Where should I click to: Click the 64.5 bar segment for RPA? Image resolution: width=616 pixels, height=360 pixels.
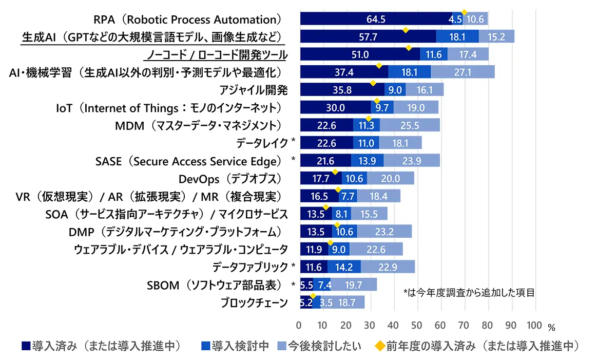pyautogui.click(x=376, y=18)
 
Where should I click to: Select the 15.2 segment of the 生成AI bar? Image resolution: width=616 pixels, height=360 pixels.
pyautogui.click(x=496, y=36)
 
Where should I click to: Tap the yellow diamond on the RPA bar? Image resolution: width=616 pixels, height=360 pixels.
pyautogui.click(x=464, y=12)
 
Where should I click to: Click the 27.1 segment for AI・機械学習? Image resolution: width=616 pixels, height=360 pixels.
pyautogui.click(x=463, y=72)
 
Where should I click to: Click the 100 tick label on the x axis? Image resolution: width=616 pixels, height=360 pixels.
pyautogui.click(x=534, y=326)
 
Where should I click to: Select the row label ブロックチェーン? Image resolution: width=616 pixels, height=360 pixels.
pyautogui.click(x=254, y=303)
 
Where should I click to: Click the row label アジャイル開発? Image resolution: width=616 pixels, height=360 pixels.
pyautogui.click(x=253, y=90)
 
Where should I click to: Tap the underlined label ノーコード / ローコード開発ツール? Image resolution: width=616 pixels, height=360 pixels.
pyautogui.click(x=217, y=55)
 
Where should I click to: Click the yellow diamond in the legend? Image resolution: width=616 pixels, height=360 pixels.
pyautogui.click(x=380, y=346)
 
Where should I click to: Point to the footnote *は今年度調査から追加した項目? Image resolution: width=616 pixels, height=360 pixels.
pyautogui.click(x=469, y=293)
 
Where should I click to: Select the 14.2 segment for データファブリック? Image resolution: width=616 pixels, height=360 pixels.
pyautogui.click(x=344, y=267)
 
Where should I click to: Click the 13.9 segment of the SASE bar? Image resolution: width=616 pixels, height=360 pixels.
pyautogui.click(x=367, y=161)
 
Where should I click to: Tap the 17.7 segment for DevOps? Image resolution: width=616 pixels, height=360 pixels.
pyautogui.click(x=321, y=178)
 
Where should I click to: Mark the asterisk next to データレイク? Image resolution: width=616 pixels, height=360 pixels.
pyautogui.click(x=293, y=141)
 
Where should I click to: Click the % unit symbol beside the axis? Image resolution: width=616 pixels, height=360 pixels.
pyautogui.click(x=551, y=327)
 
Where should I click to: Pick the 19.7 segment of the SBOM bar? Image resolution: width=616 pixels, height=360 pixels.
pyautogui.click(x=354, y=285)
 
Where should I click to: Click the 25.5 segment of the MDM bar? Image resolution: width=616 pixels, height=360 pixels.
pyautogui.click(x=410, y=125)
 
